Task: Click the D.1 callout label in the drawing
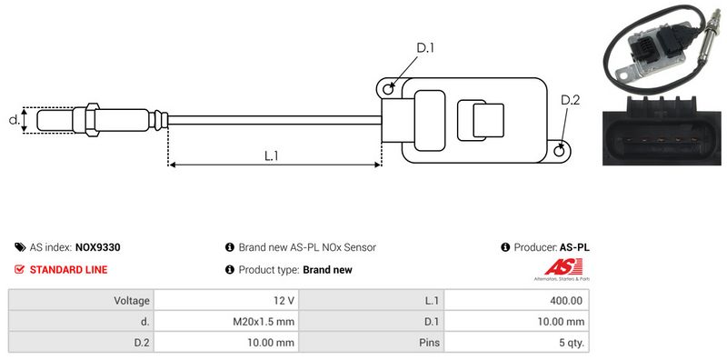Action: [425, 48]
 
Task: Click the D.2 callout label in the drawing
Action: [571, 100]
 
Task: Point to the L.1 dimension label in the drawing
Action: [271, 155]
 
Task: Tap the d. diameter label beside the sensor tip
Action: [15, 120]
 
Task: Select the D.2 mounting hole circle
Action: [560, 150]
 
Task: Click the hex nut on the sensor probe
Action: [93, 120]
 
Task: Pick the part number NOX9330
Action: [97, 248]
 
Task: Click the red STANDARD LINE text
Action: [69, 269]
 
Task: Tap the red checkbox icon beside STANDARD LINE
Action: [19, 269]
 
